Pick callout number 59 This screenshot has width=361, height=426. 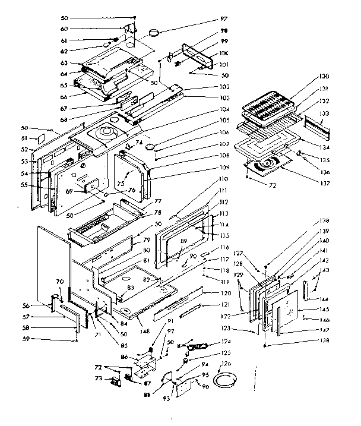[x=42, y=339]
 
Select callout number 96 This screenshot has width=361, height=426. [x=205, y=387]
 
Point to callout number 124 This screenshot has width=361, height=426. [x=224, y=342]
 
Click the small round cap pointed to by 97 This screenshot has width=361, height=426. [x=156, y=31]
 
